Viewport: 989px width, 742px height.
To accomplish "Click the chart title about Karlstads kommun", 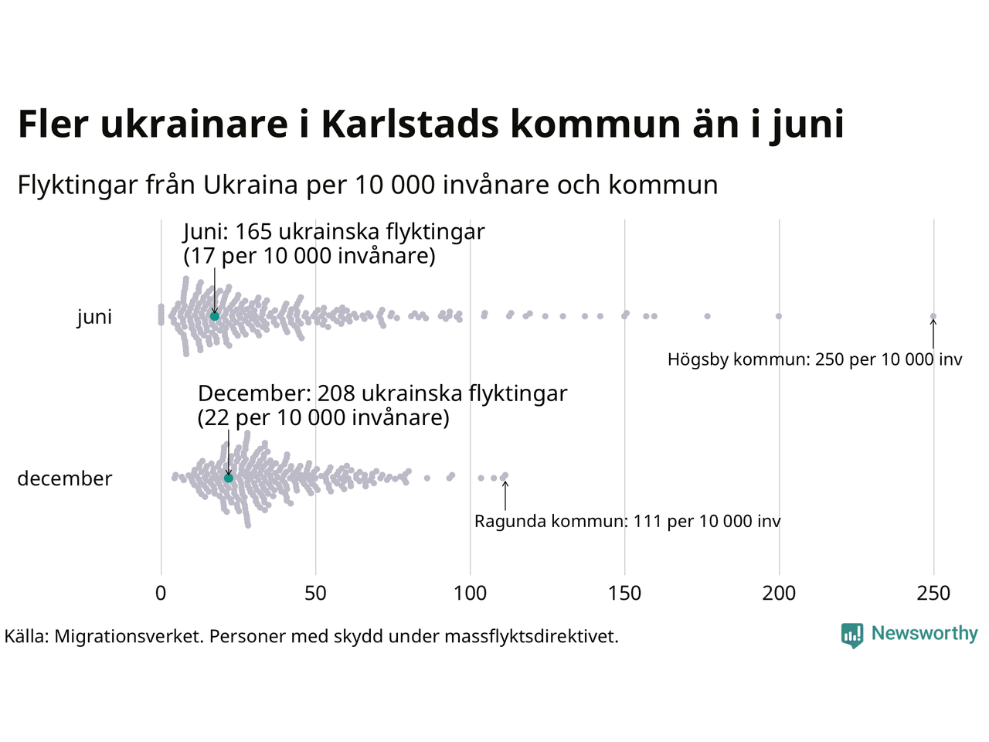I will (430, 124).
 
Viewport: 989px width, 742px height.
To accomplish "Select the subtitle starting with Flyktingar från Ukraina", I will (368, 185).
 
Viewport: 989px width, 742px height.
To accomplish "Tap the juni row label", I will (94, 317).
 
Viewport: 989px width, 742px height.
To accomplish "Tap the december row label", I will (65, 479).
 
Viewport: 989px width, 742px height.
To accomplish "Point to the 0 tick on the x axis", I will (161, 594).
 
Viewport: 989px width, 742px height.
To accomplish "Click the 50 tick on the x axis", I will (315, 594).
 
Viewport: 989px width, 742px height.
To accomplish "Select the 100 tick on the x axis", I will (470, 594).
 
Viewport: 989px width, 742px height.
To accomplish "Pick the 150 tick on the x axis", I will (624, 594).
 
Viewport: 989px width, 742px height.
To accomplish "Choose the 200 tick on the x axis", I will (779, 594).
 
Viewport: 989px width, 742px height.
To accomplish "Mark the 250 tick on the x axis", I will (933, 594).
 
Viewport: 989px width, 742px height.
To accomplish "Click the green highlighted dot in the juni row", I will (215, 316).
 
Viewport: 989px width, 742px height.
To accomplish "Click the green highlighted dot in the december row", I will (228, 478).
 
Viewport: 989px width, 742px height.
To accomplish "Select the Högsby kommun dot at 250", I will (933, 316).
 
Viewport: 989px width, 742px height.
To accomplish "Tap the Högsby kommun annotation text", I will (814, 359).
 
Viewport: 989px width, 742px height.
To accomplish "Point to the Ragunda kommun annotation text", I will (627, 522).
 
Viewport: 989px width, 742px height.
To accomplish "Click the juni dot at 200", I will (779, 316).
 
